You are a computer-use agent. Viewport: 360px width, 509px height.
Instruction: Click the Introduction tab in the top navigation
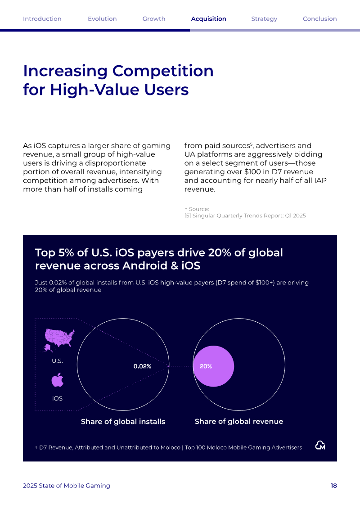(x=42, y=19)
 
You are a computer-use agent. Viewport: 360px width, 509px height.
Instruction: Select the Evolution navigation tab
(x=102, y=19)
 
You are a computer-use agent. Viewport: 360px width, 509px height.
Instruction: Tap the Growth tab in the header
(x=154, y=19)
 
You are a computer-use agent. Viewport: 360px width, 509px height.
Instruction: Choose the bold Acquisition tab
(x=209, y=19)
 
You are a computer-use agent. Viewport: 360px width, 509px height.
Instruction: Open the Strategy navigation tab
(x=264, y=19)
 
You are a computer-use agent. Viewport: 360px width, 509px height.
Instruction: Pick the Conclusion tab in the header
(x=320, y=19)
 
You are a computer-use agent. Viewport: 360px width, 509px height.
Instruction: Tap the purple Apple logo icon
(x=58, y=380)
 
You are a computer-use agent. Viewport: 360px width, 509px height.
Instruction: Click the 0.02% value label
(x=143, y=366)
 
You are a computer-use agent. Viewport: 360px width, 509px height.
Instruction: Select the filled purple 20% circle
(x=214, y=366)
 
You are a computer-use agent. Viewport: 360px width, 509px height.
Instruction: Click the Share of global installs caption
(x=123, y=421)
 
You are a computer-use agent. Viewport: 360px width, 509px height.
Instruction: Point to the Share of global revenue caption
(x=239, y=421)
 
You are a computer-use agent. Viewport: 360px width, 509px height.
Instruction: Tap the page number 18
(x=334, y=486)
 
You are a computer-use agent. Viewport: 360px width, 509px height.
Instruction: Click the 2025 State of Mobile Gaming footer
(x=67, y=486)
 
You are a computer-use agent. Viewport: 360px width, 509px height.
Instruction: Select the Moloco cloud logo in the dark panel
(x=320, y=445)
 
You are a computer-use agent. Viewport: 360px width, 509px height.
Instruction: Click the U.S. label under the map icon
(x=58, y=361)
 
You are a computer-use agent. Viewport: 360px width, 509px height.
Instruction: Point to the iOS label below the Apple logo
(x=58, y=398)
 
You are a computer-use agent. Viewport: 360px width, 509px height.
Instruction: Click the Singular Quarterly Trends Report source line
(x=245, y=216)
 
